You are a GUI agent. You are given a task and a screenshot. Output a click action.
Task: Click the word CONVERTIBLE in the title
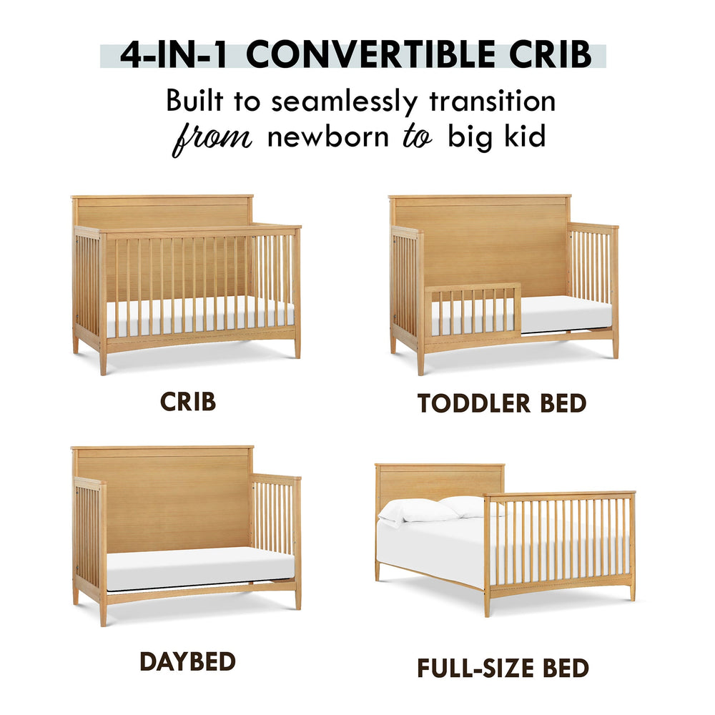370,55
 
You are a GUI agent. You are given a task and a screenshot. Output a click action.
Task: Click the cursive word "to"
418,137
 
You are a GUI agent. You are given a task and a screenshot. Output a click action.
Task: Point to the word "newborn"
328,137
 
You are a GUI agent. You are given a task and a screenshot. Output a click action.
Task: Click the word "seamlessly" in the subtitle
345,102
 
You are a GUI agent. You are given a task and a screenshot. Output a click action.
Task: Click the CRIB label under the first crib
188,402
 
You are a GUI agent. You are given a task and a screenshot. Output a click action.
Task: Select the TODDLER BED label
502,403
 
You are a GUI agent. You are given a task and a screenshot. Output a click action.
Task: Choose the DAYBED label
187,661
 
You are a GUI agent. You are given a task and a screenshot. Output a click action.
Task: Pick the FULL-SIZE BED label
503,669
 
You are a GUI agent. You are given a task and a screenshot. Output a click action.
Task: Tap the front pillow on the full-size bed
418,511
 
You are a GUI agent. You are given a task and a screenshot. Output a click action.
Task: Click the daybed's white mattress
201,568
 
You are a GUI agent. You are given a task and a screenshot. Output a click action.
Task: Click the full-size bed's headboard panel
439,483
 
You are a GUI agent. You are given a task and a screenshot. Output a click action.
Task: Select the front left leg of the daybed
103,611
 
